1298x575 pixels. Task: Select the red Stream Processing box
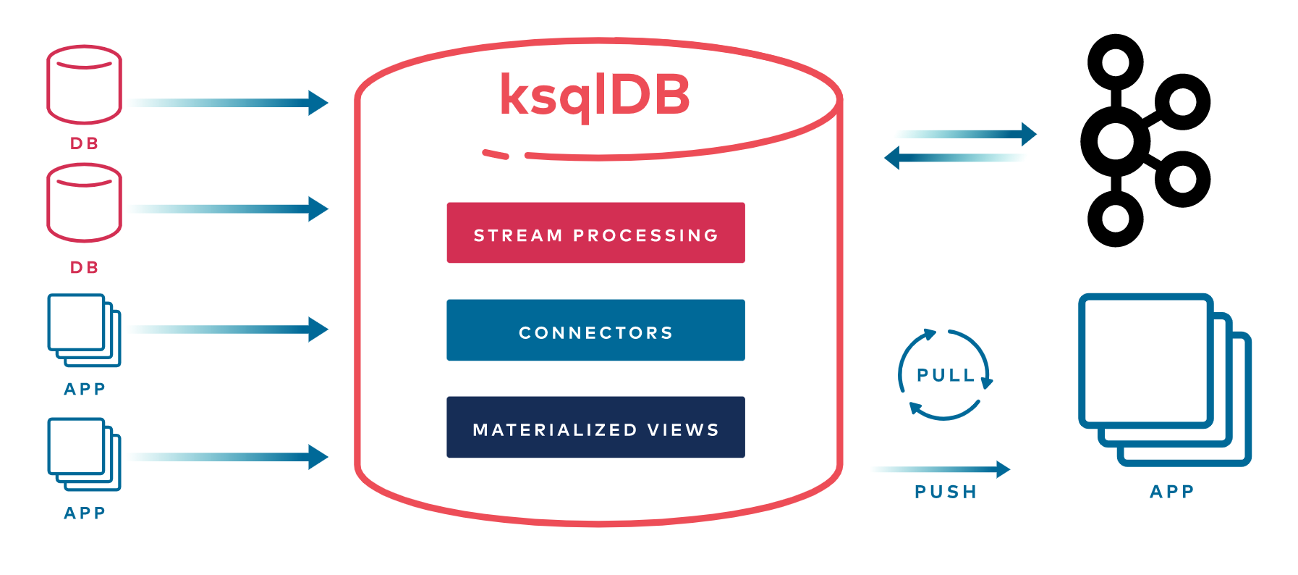pos(595,232)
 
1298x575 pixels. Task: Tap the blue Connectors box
pos(595,330)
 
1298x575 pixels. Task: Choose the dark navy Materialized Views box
pos(595,427)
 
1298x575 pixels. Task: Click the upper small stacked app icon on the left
pos(84,330)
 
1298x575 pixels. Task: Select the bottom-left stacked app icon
pos(84,454)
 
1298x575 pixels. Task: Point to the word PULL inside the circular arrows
pos(946,375)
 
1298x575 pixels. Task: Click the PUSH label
pos(946,492)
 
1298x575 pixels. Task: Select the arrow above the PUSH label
pos(941,469)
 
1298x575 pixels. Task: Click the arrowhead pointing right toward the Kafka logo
pos(1029,134)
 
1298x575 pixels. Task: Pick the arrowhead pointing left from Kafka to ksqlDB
pos(892,157)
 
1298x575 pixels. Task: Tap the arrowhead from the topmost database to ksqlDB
pos(318,103)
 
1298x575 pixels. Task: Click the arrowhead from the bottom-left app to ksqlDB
pos(318,457)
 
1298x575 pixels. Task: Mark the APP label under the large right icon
pos(1172,492)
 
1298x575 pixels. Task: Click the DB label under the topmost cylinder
pos(84,143)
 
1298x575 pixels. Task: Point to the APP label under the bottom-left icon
pos(85,513)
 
